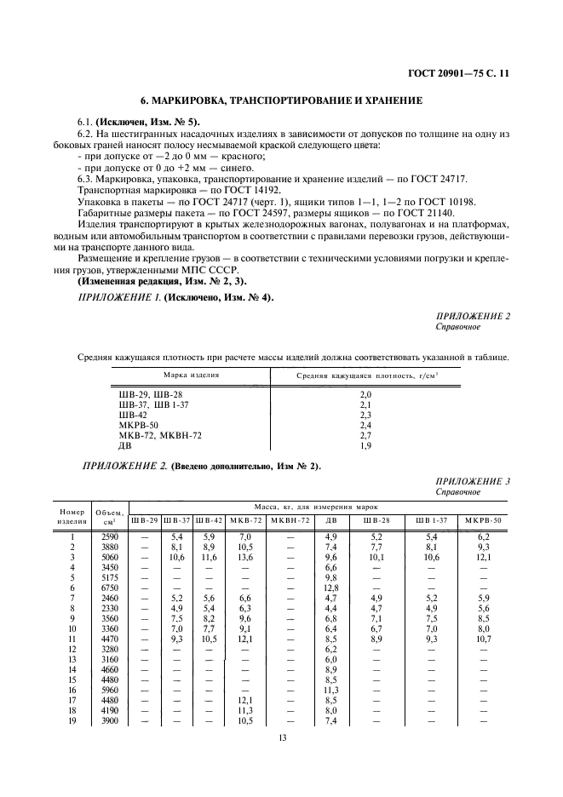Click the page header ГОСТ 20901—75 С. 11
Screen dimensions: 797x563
tap(459, 74)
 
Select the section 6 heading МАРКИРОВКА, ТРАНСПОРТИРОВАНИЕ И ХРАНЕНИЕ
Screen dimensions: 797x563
tap(280, 100)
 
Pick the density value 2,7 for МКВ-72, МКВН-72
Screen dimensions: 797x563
tap(365, 433)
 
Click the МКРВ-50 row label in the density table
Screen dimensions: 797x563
tap(137, 424)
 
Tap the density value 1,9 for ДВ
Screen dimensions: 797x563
tap(365, 444)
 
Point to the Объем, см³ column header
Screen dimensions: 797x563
tap(111, 516)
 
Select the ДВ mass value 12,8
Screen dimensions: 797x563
tap(332, 588)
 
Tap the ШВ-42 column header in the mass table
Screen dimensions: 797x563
tap(208, 520)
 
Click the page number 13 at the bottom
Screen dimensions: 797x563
tap(282, 737)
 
